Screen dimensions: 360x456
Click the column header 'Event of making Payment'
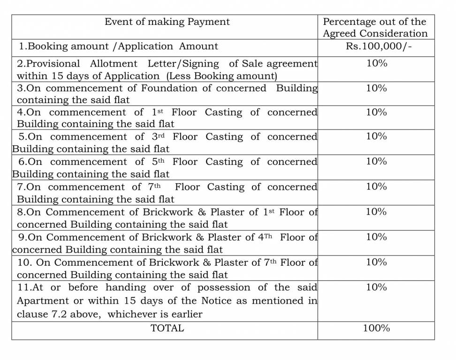click(x=167, y=22)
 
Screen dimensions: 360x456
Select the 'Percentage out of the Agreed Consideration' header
click(x=375, y=27)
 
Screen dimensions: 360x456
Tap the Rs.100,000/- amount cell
click(x=376, y=46)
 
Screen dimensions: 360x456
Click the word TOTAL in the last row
click(x=167, y=328)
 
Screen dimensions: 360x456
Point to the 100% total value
click(x=376, y=328)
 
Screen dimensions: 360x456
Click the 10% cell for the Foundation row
click(x=376, y=88)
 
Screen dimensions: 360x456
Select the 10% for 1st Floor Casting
click(x=376, y=112)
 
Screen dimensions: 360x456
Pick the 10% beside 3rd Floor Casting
click(x=376, y=136)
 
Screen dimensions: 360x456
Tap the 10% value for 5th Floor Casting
click(x=376, y=161)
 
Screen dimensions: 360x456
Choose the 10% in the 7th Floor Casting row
click(x=376, y=187)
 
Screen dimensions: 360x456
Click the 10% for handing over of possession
click(x=376, y=287)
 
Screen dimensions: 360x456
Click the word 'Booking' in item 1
click(x=48, y=46)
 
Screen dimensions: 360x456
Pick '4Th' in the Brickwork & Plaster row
click(x=265, y=237)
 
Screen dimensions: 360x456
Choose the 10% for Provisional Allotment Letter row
click(x=376, y=63)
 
